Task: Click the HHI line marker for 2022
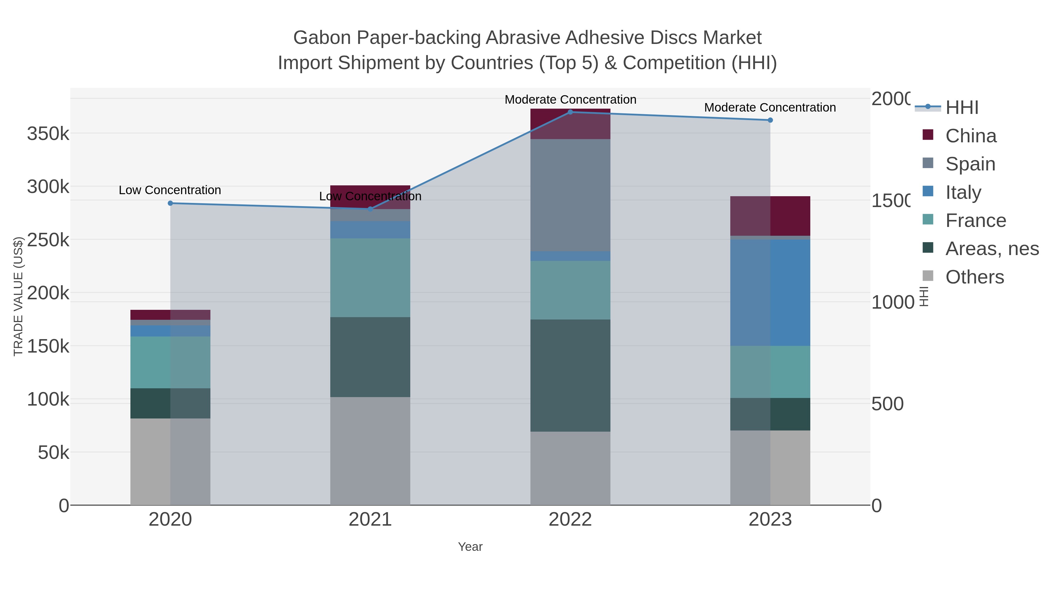point(570,112)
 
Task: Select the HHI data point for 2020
point(170,203)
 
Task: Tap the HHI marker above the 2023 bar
point(770,120)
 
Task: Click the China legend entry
point(971,136)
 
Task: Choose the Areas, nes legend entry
point(991,248)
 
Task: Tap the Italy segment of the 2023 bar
point(770,293)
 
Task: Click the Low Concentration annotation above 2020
point(170,190)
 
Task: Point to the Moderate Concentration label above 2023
point(770,108)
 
